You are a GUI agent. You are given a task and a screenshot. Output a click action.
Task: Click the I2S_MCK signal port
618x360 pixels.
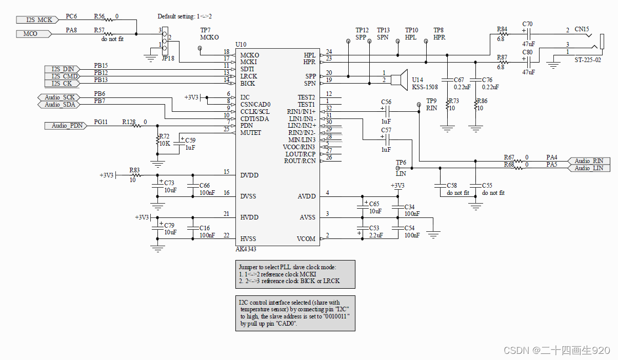tap(39, 20)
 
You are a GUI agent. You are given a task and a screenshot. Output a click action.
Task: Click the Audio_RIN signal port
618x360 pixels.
tap(589, 161)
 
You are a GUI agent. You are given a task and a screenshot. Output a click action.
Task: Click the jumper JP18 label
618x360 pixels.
tap(168, 58)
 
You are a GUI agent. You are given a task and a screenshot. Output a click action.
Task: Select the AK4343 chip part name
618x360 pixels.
tap(245, 249)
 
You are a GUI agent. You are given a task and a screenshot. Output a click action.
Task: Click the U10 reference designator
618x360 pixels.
tap(241, 45)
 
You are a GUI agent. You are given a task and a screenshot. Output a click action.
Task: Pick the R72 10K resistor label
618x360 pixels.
tap(164, 140)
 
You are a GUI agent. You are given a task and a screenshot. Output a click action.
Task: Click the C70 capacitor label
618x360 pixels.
tap(527, 24)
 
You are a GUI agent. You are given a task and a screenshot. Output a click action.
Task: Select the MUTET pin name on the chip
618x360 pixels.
tap(251, 133)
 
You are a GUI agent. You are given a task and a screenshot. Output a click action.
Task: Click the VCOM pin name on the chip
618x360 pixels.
tap(306, 238)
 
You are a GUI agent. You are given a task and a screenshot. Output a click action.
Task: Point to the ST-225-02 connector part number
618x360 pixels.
tap(587, 60)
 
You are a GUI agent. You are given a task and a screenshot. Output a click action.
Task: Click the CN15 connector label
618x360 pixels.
tap(582, 30)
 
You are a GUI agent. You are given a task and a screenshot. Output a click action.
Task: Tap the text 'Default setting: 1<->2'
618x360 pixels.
tap(185, 16)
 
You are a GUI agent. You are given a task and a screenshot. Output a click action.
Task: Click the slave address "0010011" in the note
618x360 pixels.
tap(336, 316)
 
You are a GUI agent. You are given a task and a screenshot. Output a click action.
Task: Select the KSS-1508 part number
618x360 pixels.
tap(425, 87)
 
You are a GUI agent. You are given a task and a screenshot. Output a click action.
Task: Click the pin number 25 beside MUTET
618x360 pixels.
tap(227, 129)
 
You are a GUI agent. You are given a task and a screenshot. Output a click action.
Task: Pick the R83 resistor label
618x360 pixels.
tap(134, 169)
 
